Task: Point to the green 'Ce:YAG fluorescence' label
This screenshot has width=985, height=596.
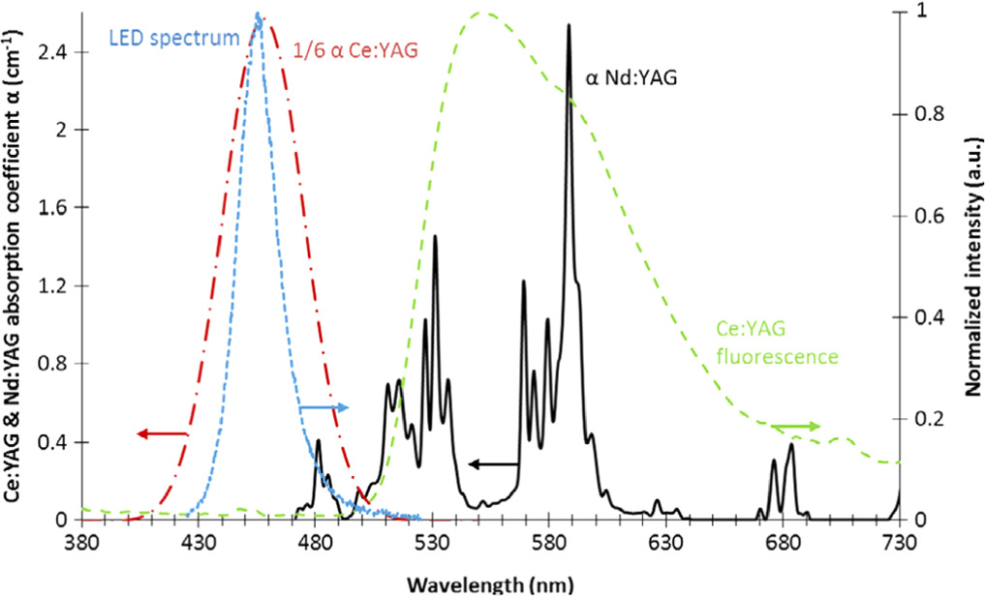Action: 776,343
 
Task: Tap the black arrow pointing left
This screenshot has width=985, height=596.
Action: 492,464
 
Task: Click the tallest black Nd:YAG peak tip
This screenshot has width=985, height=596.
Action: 569,25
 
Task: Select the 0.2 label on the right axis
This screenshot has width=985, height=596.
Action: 918,419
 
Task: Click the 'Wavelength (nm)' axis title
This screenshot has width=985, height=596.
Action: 489,583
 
